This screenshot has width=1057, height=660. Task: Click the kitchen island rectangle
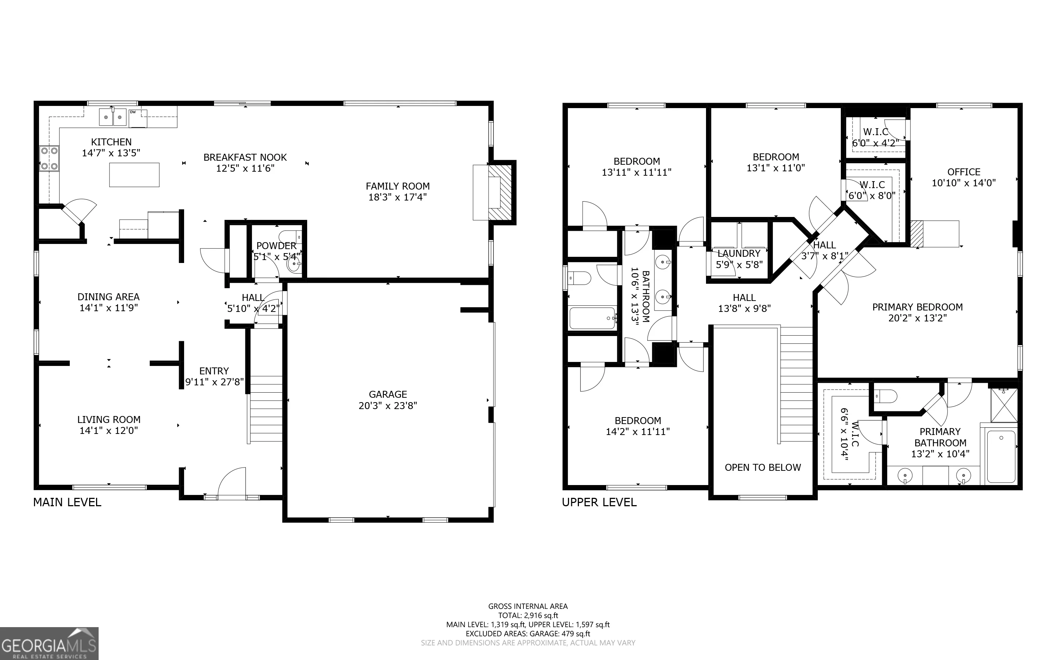[134, 175]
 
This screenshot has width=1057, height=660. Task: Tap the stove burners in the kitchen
[49, 159]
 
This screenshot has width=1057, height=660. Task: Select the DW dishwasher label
[133, 112]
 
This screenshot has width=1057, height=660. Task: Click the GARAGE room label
[388, 394]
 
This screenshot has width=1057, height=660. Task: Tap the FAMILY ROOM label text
[398, 186]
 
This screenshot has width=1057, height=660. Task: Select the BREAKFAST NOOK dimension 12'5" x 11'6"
[245, 168]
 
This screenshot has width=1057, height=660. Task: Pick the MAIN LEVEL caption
[67, 503]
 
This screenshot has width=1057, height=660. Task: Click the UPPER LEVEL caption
[599, 503]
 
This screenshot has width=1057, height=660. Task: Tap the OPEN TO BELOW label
[763, 468]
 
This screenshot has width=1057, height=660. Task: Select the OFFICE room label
[964, 172]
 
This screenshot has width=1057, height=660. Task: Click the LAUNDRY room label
[739, 253]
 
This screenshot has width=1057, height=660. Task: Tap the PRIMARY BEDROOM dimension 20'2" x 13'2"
[918, 318]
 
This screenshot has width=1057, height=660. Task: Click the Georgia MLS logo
[49, 644]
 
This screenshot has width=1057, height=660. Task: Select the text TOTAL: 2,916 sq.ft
[528, 615]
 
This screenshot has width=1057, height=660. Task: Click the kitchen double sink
[113, 117]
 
